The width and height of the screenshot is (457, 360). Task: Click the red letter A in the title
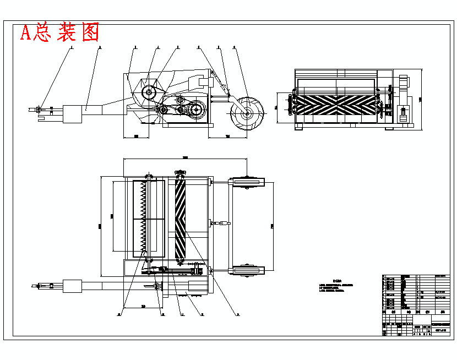[x=25, y=33]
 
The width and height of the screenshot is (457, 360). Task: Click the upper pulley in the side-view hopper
[x=149, y=93]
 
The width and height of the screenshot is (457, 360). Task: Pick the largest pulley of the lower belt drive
[x=197, y=111]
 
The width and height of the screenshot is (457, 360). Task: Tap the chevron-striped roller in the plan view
[x=181, y=219]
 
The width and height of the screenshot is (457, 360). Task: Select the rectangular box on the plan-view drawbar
[x=72, y=286]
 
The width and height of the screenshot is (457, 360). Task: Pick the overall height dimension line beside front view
[x=421, y=99]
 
